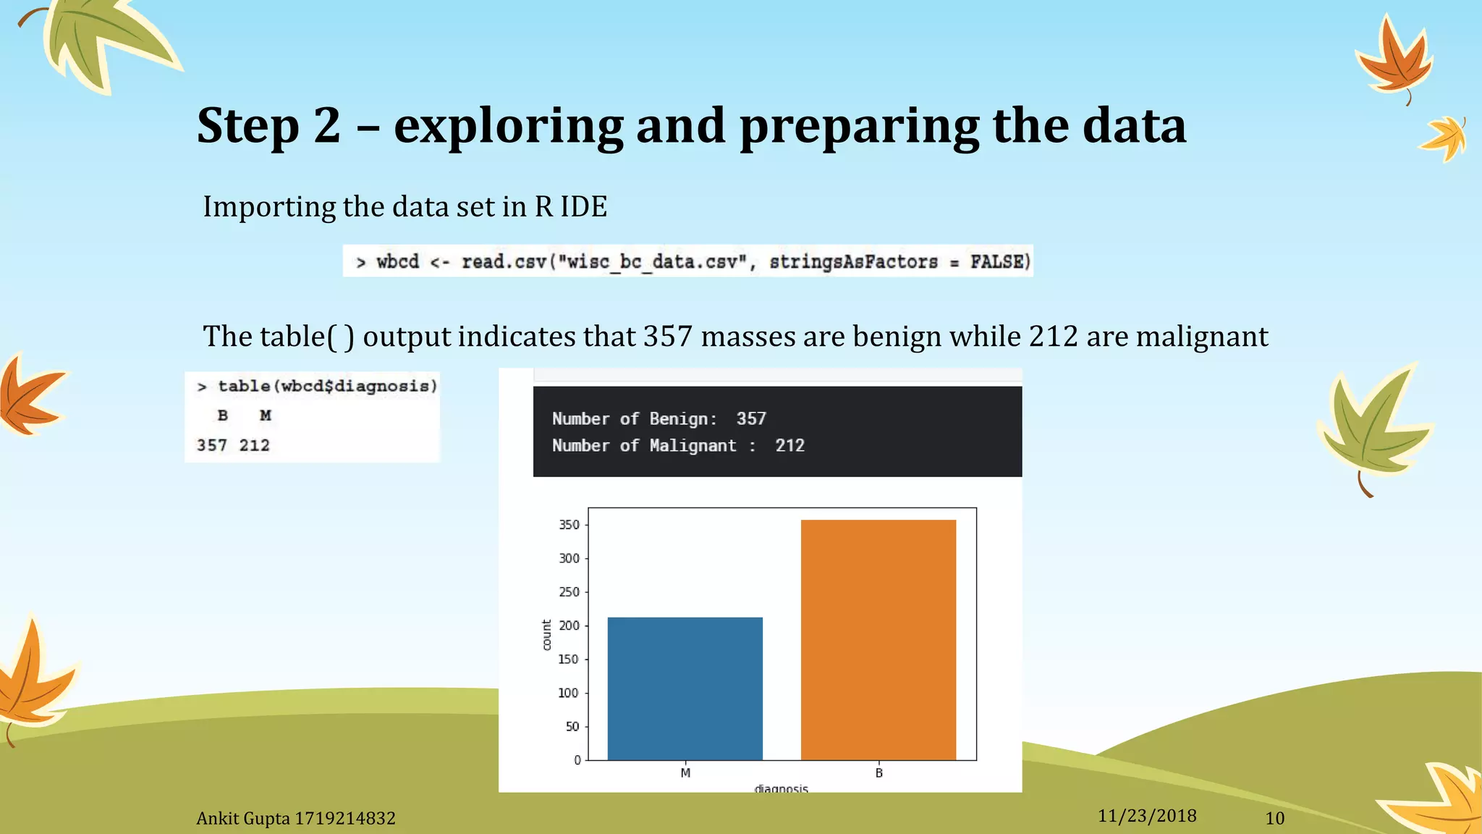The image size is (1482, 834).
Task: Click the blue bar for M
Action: [x=685, y=688]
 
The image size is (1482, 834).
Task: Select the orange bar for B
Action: [x=878, y=640]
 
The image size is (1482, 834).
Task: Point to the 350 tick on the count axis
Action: [x=569, y=525]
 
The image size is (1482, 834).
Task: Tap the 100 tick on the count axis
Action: [x=568, y=693]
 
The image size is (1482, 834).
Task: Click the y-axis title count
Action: [x=546, y=635]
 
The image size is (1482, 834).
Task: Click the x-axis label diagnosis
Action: [x=781, y=788]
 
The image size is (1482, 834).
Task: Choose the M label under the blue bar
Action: [x=685, y=773]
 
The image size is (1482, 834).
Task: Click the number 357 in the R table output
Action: [x=212, y=445]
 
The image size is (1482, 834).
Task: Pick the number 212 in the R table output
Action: [x=255, y=445]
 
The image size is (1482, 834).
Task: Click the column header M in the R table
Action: [x=266, y=416]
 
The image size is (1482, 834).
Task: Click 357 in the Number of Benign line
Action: [x=751, y=418]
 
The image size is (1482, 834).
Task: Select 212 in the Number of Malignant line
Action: [x=789, y=445]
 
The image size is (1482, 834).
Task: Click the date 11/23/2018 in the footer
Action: [x=1147, y=816]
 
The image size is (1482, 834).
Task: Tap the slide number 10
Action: [x=1274, y=819]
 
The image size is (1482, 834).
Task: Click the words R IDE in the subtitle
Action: [x=571, y=207]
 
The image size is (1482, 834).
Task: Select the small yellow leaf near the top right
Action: [x=1445, y=138]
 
